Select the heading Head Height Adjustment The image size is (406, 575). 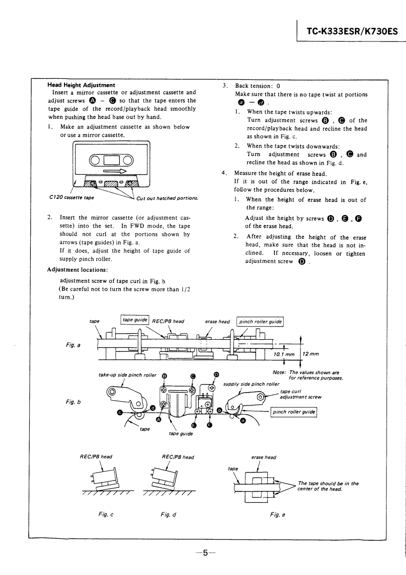pyautogui.click(x=81, y=85)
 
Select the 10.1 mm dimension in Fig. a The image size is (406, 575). pyautogui.click(x=284, y=354)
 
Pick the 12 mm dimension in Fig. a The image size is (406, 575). pyautogui.click(x=310, y=354)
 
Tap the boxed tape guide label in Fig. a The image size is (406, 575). pyautogui.click(x=135, y=320)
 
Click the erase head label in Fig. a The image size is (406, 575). pyautogui.click(x=217, y=321)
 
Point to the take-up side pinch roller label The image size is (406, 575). pyautogui.click(x=127, y=375)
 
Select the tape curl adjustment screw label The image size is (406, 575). pyautogui.click(x=300, y=394)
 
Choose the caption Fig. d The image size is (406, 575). pyautogui.click(x=168, y=514)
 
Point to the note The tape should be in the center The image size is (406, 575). pyautogui.click(x=328, y=486)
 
